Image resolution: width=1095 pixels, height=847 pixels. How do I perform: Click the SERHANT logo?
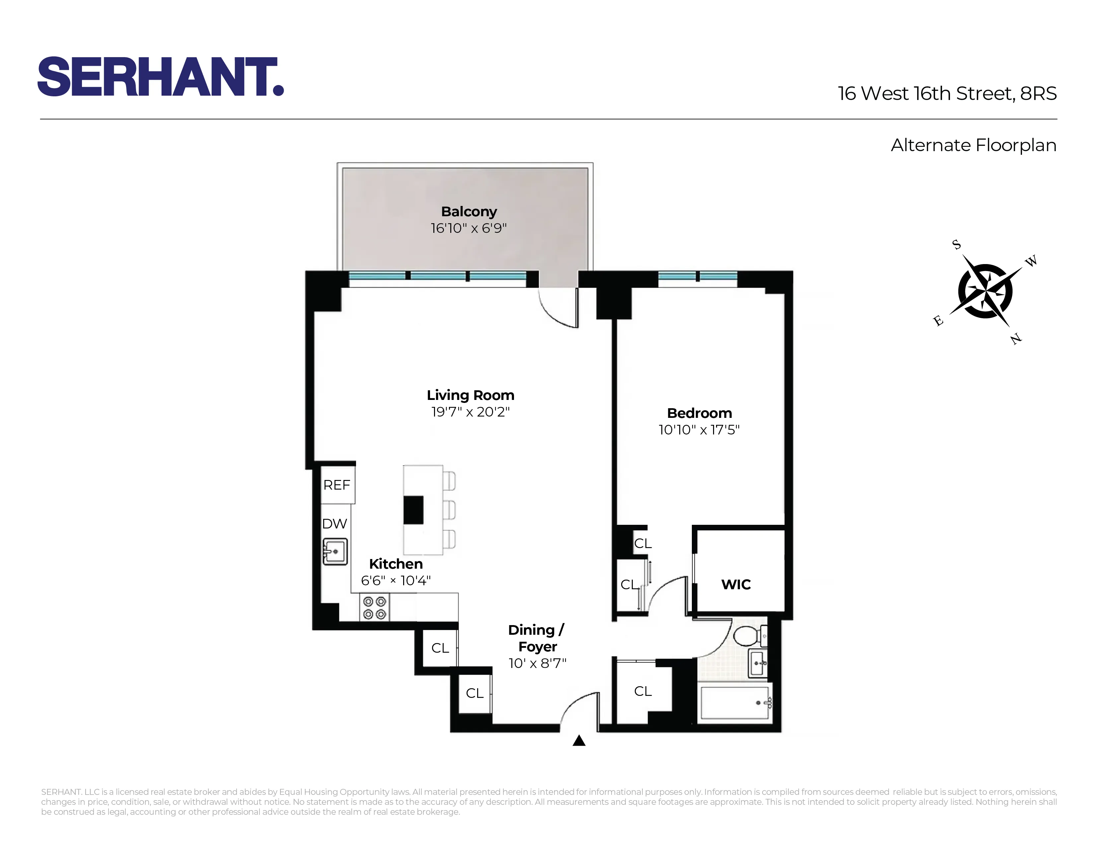(161, 76)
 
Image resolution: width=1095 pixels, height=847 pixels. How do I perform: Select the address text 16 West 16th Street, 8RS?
(947, 93)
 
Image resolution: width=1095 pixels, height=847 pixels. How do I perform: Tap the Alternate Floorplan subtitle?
(973, 145)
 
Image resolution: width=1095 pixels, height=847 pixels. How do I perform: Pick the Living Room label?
(470, 395)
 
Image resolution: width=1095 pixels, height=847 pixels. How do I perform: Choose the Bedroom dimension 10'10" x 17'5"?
(699, 430)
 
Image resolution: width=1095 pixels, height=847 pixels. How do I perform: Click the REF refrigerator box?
(337, 485)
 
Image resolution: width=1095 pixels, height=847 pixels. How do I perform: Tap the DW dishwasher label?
(334, 524)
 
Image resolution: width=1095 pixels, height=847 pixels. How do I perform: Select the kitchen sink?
(335, 551)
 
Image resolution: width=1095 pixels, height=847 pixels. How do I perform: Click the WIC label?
(736, 585)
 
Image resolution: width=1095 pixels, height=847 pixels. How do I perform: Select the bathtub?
(735, 703)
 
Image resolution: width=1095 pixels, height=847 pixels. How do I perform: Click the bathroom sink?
(758, 663)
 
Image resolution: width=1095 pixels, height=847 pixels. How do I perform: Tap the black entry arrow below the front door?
(579, 741)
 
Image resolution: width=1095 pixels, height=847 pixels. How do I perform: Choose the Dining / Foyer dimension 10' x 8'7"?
(537, 663)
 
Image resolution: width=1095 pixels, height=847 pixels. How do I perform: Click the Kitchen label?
(396, 564)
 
